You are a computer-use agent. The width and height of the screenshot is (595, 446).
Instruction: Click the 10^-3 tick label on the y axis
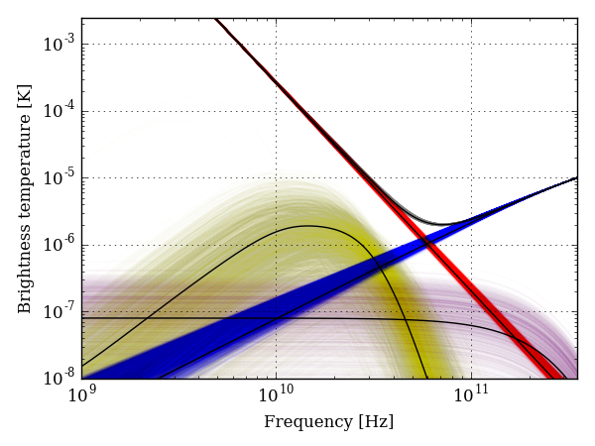[62, 44]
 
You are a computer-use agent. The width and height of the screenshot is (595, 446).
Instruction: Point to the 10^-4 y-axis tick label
[62, 111]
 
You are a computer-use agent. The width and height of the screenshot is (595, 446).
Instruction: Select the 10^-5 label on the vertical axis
[62, 178]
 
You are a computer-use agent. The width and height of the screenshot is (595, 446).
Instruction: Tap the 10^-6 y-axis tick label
[62, 246]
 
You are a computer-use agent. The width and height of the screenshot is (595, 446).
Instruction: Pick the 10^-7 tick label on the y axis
[62, 313]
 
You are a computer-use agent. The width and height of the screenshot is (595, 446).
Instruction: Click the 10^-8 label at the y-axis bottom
[62, 380]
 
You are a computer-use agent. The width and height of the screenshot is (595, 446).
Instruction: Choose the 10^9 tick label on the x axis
[82, 395]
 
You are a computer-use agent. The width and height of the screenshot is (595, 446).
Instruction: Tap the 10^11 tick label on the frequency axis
[471, 395]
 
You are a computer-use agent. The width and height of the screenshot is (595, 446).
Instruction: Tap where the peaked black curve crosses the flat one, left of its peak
[147, 318]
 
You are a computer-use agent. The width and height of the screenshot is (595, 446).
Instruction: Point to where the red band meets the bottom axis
[551, 377]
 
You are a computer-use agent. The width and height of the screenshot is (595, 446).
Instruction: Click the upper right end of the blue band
[575, 179]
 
